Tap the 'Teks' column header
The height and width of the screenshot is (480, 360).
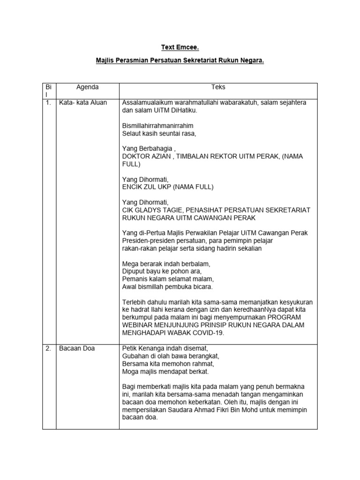click(x=218, y=87)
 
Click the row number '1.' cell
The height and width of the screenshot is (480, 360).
click(x=49, y=103)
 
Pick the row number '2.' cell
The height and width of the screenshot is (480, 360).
click(x=49, y=349)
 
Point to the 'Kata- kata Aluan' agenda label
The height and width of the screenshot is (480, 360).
click(x=83, y=103)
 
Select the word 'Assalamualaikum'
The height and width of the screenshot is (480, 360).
click(x=149, y=103)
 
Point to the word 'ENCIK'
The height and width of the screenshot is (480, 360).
click(x=132, y=187)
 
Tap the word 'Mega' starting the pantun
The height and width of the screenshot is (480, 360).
click(x=130, y=264)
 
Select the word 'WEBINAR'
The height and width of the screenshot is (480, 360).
click(x=139, y=325)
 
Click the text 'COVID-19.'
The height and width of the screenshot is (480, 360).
click(x=208, y=333)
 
